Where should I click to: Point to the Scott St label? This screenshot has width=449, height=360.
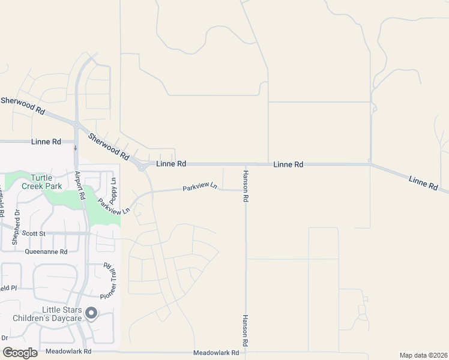click(x=34, y=233)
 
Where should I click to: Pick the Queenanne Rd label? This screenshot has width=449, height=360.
click(x=46, y=252)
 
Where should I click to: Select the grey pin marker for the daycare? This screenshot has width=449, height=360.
click(x=91, y=313)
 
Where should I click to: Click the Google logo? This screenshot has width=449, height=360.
click(x=20, y=353)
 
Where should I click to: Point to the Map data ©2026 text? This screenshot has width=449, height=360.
click(x=423, y=355)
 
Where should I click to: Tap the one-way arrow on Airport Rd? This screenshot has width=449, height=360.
click(x=76, y=148)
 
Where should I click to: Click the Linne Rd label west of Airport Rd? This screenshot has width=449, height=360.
click(x=47, y=142)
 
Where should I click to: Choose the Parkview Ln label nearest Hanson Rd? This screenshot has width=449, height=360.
click(x=200, y=188)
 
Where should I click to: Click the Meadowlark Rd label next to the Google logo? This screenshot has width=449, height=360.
click(x=68, y=352)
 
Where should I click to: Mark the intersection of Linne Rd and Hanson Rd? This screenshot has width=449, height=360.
click(x=246, y=164)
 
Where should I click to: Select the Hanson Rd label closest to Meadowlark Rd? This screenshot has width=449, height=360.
click(x=245, y=331)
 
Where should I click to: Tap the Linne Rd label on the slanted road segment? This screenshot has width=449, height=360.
click(x=424, y=183)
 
